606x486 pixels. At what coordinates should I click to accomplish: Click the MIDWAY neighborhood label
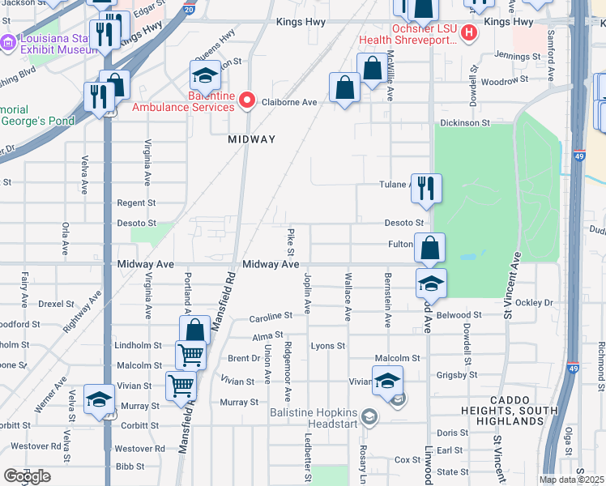point(251,139)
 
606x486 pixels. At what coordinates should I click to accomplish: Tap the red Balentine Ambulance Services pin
point(246,101)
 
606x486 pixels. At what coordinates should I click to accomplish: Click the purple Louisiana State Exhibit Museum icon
point(7,42)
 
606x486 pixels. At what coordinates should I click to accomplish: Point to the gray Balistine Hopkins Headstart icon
point(369,418)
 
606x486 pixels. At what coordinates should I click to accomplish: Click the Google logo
point(28,476)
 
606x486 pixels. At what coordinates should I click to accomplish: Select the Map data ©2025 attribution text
point(571,480)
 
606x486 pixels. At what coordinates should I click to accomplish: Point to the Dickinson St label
point(465,123)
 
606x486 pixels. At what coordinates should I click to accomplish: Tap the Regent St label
point(136,203)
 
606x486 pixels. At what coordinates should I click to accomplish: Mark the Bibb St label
point(130,467)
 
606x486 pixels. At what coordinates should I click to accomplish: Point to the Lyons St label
point(328,346)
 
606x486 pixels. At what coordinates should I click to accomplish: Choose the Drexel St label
point(56,305)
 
